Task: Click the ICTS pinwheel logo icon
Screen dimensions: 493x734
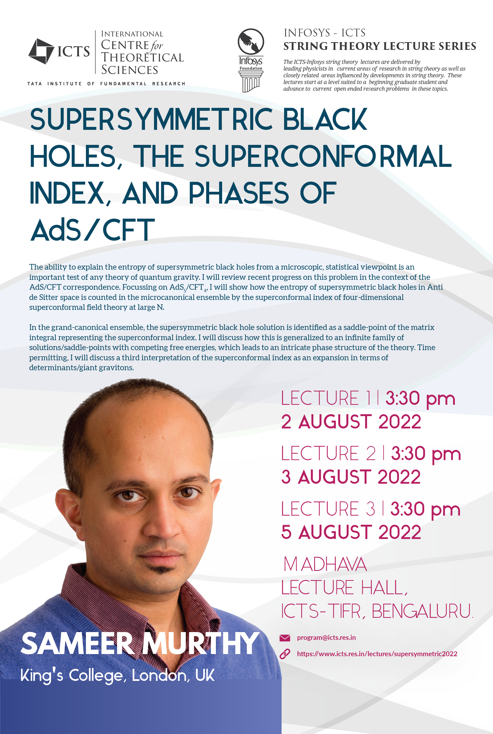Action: [41, 51]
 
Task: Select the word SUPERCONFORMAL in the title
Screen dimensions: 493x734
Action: [323, 156]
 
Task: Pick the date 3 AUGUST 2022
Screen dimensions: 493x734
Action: [351, 477]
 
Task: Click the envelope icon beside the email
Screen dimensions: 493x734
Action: [285, 638]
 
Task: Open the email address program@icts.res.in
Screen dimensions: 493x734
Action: [326, 638]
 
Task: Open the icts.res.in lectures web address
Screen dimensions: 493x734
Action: [377, 654]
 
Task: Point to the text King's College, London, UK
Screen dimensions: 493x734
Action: [117, 675]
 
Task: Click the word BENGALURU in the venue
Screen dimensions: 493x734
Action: [422, 611]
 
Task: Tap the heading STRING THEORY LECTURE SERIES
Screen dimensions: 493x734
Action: [379, 46]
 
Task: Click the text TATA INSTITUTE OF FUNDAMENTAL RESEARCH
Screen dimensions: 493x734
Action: [106, 83]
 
